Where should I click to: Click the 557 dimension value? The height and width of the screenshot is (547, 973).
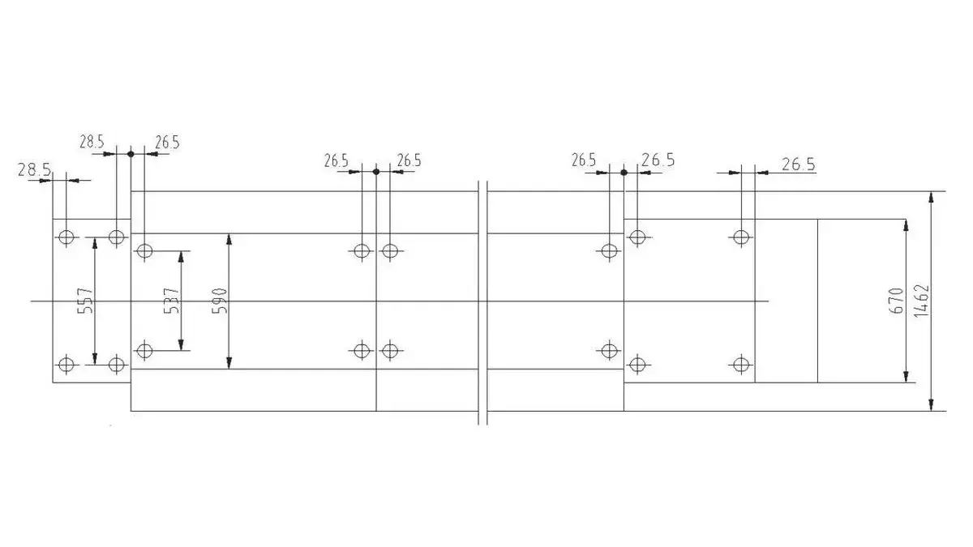tap(88, 301)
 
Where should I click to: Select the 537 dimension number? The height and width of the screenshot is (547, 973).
tap(172, 301)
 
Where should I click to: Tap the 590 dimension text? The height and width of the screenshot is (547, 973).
tap(221, 301)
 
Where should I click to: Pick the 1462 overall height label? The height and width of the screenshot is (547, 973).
tap(920, 301)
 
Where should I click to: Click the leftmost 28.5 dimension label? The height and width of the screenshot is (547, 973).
tap(34, 170)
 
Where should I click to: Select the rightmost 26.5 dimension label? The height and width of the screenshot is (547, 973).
tap(798, 165)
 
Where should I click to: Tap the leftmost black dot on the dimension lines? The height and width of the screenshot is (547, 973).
tap(131, 152)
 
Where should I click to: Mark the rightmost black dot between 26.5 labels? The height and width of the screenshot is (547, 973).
tap(624, 172)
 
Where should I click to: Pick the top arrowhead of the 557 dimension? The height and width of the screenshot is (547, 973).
tap(96, 243)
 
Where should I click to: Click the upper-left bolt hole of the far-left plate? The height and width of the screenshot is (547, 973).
tap(66, 237)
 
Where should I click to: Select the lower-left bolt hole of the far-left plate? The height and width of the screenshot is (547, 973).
tap(66, 363)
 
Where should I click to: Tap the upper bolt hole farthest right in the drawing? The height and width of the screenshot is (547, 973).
tap(740, 237)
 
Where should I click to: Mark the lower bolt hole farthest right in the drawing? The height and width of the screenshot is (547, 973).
tap(740, 363)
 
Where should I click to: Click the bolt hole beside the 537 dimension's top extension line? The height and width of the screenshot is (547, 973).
tap(144, 250)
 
